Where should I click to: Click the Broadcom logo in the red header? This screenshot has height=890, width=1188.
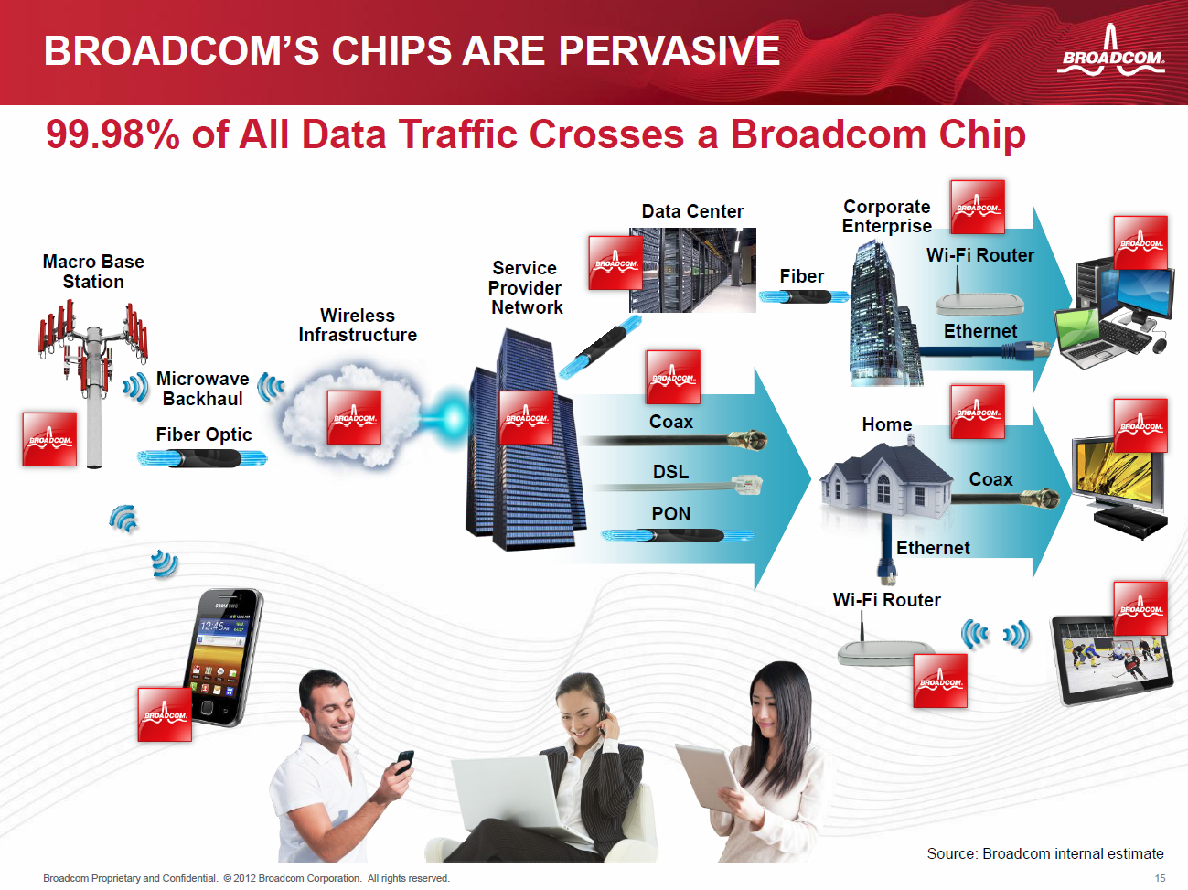tap(1110, 52)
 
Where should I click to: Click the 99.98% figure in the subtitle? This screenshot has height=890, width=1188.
tap(112, 134)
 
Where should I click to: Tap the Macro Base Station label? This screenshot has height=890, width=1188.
tap(93, 272)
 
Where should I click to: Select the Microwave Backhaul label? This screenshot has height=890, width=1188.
tap(202, 389)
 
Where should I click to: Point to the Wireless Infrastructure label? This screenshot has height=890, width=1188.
tap(358, 325)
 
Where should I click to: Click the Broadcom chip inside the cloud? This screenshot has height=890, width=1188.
tap(354, 417)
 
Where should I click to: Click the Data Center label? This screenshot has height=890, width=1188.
tap(692, 211)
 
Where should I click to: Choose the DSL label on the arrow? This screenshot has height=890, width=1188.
tap(670, 472)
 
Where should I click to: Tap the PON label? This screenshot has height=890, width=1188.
tap(670, 514)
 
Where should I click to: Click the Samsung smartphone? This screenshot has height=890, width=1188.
tap(223, 658)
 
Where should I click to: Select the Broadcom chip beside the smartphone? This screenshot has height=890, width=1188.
tap(165, 714)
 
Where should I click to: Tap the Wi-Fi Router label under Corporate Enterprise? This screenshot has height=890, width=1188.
tap(980, 255)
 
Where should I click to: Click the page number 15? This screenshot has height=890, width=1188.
tap(1160, 878)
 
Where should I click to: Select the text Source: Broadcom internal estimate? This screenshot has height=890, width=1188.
tap(1045, 853)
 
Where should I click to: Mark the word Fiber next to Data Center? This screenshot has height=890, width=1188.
tap(801, 276)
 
